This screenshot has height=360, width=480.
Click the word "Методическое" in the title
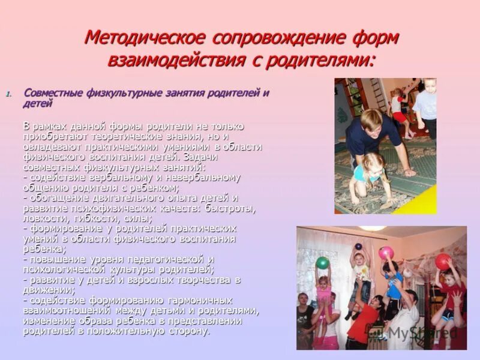[145, 38]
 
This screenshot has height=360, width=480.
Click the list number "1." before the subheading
[8, 94]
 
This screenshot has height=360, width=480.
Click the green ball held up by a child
[323, 262]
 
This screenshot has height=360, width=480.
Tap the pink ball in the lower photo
[386, 252]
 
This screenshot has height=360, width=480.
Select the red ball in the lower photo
[443, 261]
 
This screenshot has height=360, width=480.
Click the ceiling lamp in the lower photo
[373, 229]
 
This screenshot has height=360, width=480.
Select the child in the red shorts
[398, 108]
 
